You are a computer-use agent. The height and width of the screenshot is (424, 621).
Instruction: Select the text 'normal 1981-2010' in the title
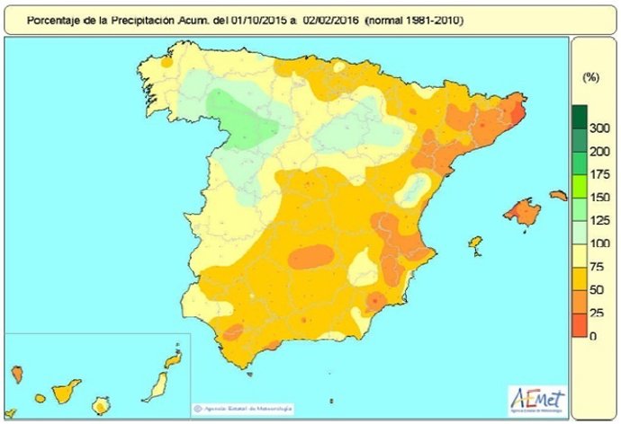pyautogui.click(x=415, y=19)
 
